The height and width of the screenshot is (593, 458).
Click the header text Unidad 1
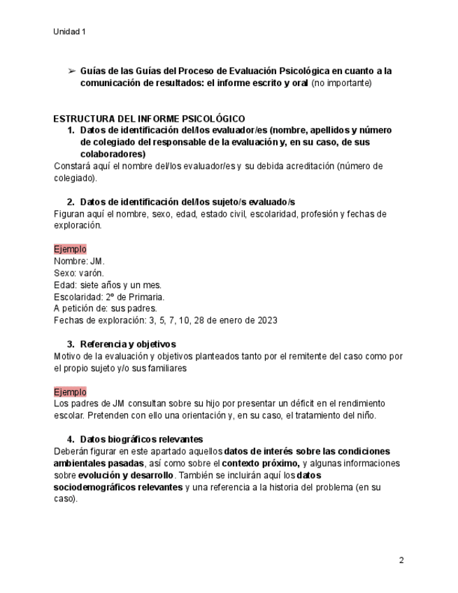click(69, 31)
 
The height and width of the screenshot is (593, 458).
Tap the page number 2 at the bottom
click(401, 560)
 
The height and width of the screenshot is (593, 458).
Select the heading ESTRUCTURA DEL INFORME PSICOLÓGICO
click(149, 119)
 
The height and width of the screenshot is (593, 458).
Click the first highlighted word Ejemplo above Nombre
click(70, 249)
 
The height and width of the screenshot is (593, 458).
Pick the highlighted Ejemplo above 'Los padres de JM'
click(70, 392)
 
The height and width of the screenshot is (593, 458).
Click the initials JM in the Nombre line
click(97, 261)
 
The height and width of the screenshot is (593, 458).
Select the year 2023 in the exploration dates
click(266, 320)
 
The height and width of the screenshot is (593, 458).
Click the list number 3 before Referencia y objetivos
click(71, 344)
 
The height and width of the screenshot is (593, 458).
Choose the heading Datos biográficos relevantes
click(141, 439)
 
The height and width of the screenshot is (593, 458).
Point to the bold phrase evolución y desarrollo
click(124, 475)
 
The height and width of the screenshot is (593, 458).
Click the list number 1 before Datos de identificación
click(71, 131)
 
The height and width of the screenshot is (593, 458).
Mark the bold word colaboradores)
click(113, 154)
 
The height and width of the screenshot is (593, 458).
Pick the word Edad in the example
click(64, 285)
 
